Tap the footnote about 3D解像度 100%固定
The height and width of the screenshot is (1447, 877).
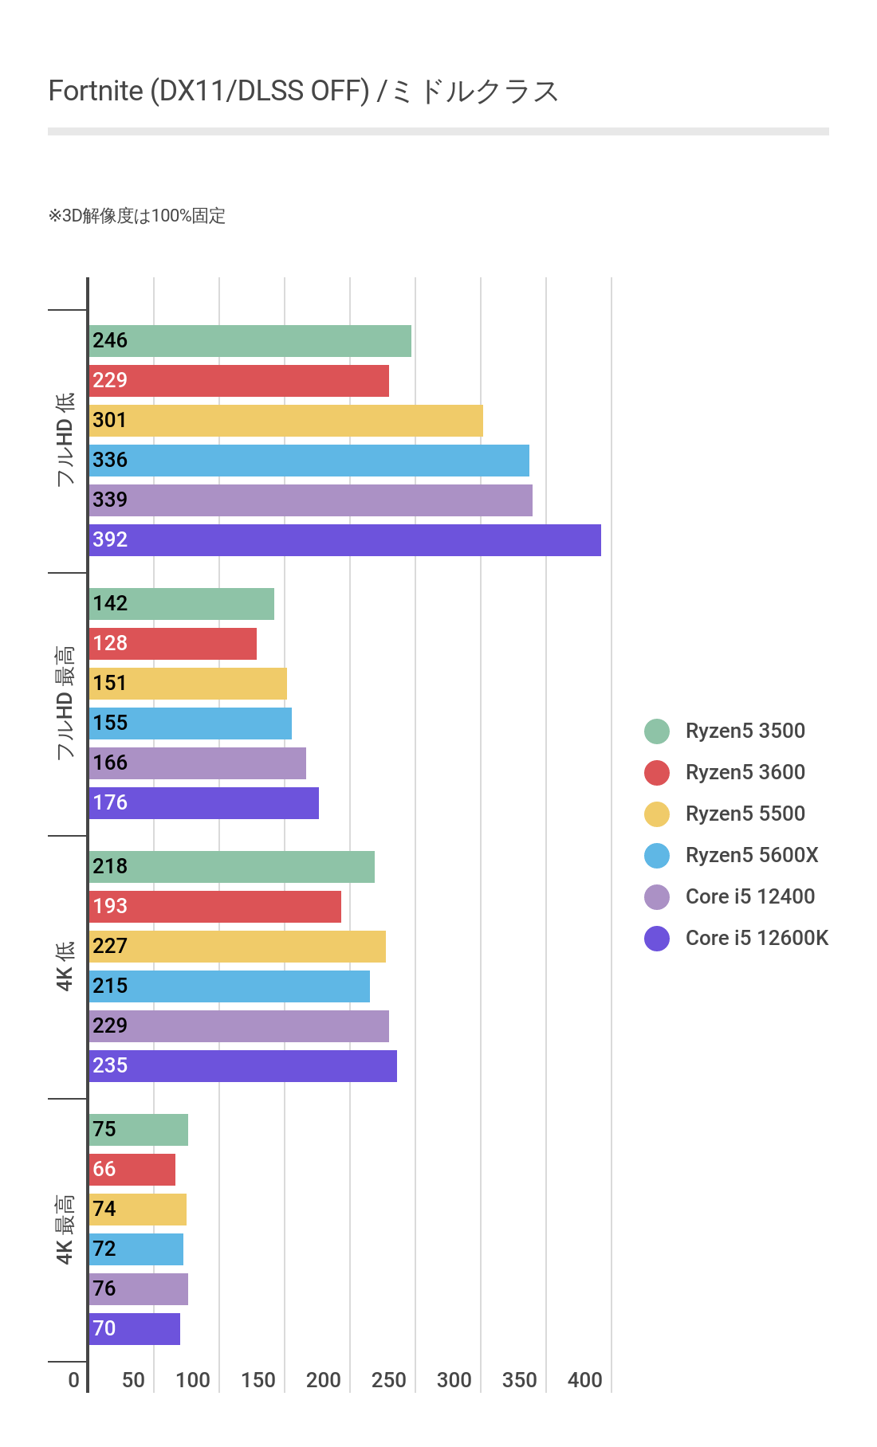coord(137,216)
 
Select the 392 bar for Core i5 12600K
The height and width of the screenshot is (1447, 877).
coord(344,540)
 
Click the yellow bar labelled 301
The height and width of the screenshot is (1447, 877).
coord(285,421)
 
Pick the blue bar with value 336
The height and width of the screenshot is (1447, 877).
coord(309,461)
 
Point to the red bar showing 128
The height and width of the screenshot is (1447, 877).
coord(172,644)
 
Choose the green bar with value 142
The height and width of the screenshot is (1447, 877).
coord(181,604)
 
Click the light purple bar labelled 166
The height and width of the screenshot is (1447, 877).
coord(197,763)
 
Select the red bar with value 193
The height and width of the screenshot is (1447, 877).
coord(214,907)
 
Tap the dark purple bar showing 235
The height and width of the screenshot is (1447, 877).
coord(242,1066)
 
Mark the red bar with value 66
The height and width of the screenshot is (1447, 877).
coord(132,1170)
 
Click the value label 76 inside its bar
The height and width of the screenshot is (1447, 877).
coord(104,1288)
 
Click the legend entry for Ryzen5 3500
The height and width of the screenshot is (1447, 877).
coord(745,731)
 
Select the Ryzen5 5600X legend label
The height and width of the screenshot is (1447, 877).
coord(752,855)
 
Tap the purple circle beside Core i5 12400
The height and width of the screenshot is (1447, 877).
coord(657,897)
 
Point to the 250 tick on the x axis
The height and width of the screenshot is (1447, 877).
coord(388,1380)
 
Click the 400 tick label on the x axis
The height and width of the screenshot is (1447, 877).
coord(584,1380)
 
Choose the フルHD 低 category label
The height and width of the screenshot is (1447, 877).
coord(65,439)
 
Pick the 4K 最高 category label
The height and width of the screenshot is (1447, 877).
coord(65,1229)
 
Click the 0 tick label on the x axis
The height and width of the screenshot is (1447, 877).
coord(74,1380)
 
